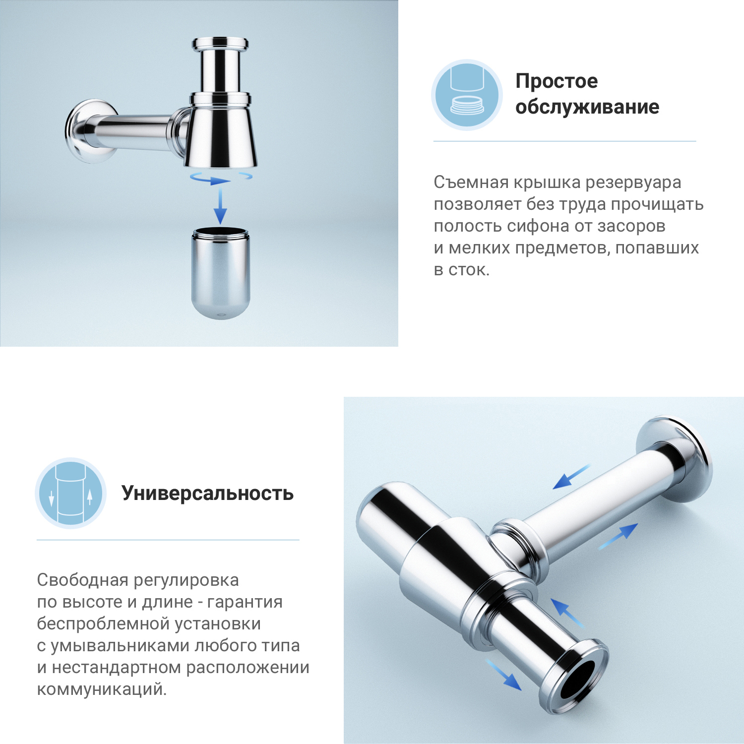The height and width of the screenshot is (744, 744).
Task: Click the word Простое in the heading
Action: [557, 81]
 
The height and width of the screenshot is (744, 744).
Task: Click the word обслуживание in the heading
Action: [587, 107]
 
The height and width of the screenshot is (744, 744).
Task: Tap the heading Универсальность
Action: [207, 494]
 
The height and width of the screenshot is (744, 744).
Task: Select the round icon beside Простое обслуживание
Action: [467, 95]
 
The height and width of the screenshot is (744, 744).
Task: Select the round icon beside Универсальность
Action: [71, 493]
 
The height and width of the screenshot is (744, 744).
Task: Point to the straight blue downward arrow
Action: [220, 205]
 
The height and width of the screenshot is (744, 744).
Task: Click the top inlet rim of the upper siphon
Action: [220, 43]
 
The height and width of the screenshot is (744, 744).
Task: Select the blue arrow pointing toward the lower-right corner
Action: [503, 675]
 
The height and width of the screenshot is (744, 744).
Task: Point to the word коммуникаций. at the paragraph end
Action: [102, 689]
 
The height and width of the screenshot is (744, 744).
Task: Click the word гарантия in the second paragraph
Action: [245, 602]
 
